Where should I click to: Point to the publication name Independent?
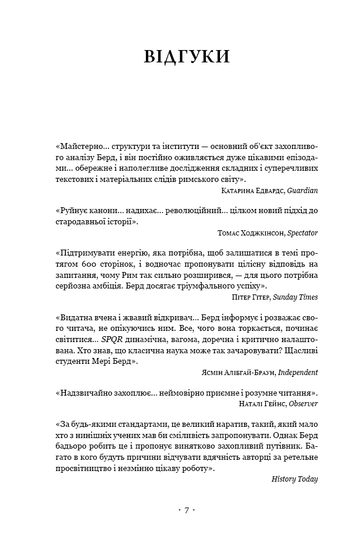(x=298, y=372)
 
